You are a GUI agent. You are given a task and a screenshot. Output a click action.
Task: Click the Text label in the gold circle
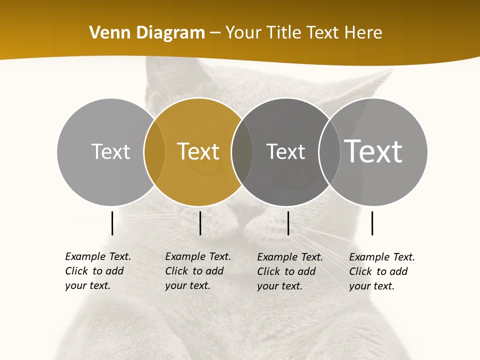(198, 151)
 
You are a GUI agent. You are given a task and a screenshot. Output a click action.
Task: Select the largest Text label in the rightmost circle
(373, 151)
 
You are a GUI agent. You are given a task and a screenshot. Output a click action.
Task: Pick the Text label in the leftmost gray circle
(111, 151)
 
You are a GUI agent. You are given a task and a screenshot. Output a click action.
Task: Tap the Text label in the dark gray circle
(285, 151)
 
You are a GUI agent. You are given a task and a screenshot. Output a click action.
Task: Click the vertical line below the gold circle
(200, 223)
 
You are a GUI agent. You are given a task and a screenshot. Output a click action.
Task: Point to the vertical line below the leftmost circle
(112, 223)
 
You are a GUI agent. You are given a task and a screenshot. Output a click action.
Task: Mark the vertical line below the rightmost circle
(372, 223)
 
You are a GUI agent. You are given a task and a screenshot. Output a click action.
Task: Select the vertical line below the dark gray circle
(288, 223)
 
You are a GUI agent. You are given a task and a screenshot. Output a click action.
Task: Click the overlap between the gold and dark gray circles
(242, 151)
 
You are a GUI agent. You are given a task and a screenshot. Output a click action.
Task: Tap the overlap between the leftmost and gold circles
(154, 151)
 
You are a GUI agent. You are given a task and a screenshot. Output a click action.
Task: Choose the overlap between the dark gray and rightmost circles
(329, 151)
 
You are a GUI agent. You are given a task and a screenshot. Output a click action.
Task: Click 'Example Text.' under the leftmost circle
(98, 256)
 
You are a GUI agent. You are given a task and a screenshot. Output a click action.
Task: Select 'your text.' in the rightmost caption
(371, 286)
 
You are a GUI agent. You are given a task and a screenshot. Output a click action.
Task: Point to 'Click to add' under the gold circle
(194, 271)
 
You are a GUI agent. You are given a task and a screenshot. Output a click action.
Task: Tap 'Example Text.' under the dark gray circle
(290, 257)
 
